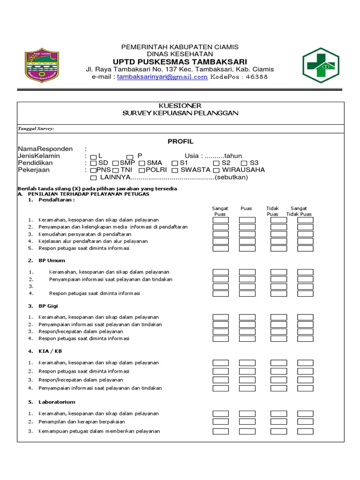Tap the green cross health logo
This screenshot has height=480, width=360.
click(320, 65)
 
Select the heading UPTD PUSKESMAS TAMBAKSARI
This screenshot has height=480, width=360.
click(180, 62)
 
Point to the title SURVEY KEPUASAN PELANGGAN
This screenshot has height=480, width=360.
click(180, 113)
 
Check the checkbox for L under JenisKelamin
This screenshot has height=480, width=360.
click(93, 157)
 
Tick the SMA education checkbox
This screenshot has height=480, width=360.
click(142, 163)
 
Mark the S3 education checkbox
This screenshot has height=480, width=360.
click(244, 163)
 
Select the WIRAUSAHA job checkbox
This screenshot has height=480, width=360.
click(217, 170)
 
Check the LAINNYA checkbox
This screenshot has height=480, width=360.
click(93, 178)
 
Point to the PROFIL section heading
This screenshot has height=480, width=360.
click(180, 142)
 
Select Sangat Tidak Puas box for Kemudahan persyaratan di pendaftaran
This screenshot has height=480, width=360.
click(305, 234)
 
